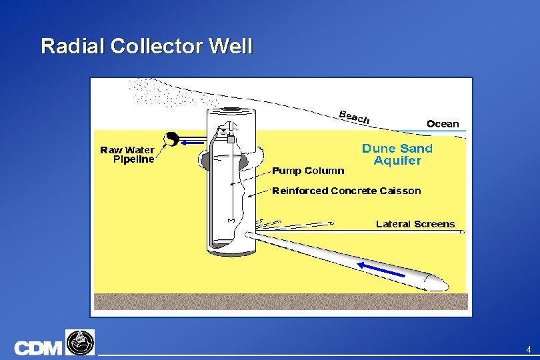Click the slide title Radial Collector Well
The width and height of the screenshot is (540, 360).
pyautogui.click(x=147, y=47)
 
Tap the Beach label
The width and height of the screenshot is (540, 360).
pyautogui.click(x=354, y=117)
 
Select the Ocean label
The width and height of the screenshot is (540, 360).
pyautogui.click(x=443, y=123)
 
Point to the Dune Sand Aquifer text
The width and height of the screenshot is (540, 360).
pyautogui.click(x=397, y=154)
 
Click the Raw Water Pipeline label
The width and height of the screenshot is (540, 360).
pyautogui.click(x=127, y=155)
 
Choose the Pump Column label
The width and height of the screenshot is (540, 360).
pyautogui.click(x=308, y=171)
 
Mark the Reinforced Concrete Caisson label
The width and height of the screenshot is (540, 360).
pyautogui.click(x=347, y=191)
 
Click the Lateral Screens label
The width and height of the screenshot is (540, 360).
pyautogui.click(x=415, y=224)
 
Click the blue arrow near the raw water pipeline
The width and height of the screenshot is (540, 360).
pyautogui.click(x=193, y=141)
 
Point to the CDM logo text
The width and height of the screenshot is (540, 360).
pyautogui.click(x=38, y=348)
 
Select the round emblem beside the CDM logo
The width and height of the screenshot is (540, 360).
pyautogui.click(x=80, y=342)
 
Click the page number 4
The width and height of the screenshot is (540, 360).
pyautogui.click(x=528, y=349)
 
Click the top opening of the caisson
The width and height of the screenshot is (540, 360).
pyautogui.click(x=231, y=110)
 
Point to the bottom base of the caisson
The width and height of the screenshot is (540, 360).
pyautogui.click(x=230, y=250)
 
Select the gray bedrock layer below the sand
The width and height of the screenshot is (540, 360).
pyautogui.click(x=280, y=302)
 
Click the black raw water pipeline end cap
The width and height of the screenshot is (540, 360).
pyautogui.click(x=171, y=139)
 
